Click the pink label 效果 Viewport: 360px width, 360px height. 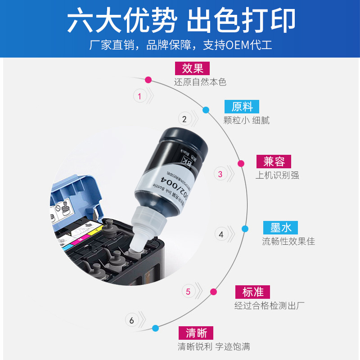pos(193,68)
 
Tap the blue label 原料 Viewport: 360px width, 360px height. pos(242,107)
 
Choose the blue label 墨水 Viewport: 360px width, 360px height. pos(281,227)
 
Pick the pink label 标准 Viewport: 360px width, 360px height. pos(252,292)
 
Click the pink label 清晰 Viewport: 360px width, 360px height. pos(196,333)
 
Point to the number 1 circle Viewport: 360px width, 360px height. pos(139,96)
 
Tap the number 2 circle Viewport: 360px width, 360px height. pos(184,119)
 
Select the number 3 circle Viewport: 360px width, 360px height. pos(220,174)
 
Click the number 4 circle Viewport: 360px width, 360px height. pos(221,234)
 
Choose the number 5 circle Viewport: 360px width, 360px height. pos(188,292)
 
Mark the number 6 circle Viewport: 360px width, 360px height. pos(132,321)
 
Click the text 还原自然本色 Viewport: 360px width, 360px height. pos(200,82)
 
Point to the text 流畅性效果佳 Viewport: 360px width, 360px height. pos(288,242)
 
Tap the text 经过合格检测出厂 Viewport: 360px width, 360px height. pos(270,306)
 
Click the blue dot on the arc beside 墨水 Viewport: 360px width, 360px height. pos(245,229)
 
